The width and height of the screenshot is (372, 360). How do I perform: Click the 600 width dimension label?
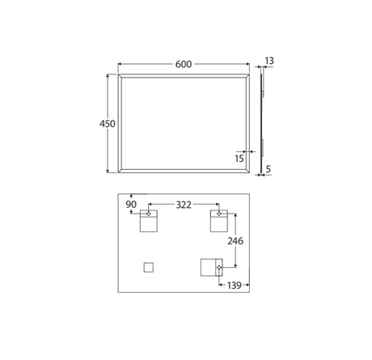[184, 65]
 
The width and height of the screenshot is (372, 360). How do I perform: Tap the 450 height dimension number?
[108, 124]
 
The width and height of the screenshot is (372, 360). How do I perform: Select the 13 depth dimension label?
[269, 61]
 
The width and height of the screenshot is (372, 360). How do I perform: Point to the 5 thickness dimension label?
[268, 169]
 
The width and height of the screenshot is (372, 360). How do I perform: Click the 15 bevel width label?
[239, 159]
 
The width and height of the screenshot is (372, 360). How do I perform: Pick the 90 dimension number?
[131, 205]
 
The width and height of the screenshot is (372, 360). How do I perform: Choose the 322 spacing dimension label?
[184, 205]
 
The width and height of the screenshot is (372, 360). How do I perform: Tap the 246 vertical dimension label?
[235, 241]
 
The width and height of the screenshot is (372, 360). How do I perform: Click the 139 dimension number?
[235, 286]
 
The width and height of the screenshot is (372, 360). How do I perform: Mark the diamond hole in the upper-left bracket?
[148, 214]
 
